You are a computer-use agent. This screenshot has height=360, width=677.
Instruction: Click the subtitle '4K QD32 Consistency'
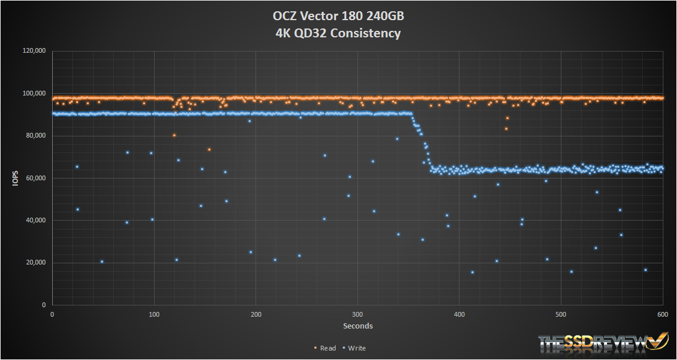[x=338, y=33]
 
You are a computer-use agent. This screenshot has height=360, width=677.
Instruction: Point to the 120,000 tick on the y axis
[x=34, y=52]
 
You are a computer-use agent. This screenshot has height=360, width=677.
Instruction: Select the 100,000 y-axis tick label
[x=34, y=94]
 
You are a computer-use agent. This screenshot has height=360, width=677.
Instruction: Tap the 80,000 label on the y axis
[x=36, y=136]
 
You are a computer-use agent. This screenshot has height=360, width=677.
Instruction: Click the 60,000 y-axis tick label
[x=36, y=178]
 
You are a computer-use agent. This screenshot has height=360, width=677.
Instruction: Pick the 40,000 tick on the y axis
[x=36, y=221]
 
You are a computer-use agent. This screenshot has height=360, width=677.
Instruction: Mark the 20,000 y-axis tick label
[x=36, y=263]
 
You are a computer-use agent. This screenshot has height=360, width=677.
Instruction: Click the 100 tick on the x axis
[x=154, y=315]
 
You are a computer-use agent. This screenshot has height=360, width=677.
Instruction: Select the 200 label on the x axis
[x=256, y=315]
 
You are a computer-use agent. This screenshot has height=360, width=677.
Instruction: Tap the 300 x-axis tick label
[x=357, y=315]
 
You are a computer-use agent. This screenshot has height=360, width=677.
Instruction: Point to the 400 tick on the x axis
[x=459, y=315]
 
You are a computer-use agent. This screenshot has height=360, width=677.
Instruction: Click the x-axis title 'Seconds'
[x=357, y=326]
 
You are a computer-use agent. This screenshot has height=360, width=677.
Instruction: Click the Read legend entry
[x=325, y=348]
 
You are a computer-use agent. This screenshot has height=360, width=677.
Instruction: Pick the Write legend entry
[x=355, y=348]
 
